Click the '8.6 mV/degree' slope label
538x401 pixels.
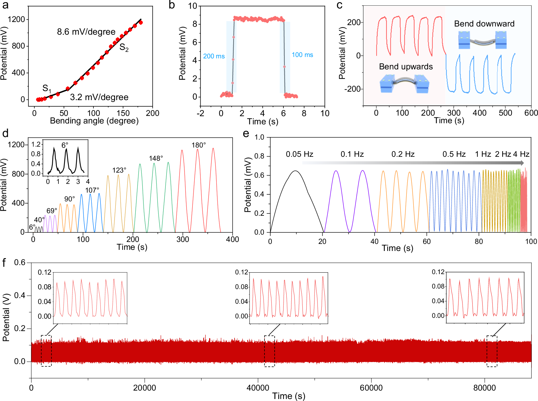coord(86,32)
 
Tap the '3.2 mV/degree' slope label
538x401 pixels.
coord(99,97)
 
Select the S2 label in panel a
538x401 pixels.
coord(124,47)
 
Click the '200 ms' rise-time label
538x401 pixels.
coord(214,56)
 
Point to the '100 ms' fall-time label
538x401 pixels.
coord(302,55)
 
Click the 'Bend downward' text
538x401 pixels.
coord(484,24)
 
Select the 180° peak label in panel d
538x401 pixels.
coord(198,145)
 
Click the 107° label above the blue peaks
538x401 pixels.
coord(92,190)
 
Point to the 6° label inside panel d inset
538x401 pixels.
coord(65,145)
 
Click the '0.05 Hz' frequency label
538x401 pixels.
coord(299,154)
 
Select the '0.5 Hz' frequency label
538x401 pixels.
coord(454,154)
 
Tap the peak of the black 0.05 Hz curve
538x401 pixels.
coord(295,171)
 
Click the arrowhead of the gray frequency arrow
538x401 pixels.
coord(522,163)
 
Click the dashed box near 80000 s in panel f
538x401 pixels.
coord(492,351)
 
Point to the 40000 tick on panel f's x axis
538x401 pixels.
coord(258,388)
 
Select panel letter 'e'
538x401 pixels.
coord(246,133)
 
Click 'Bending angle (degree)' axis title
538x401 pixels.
coord(94,121)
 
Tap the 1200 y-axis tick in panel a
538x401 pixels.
coord(16,19)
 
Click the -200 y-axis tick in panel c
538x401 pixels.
coord(352,89)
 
